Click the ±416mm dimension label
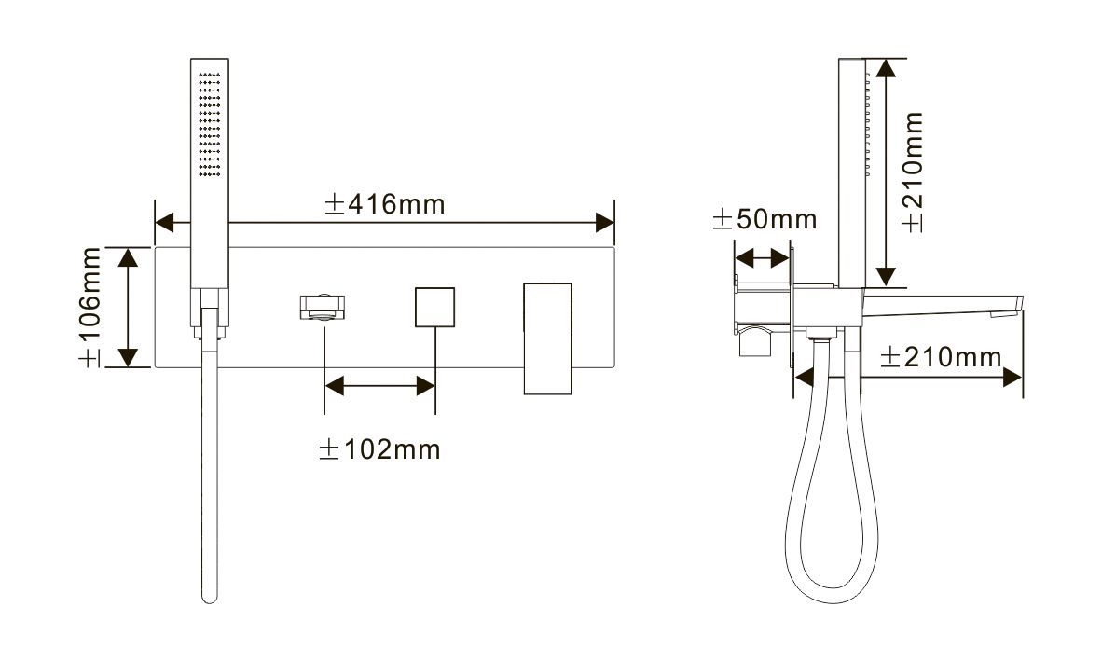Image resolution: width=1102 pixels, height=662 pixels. pyautogui.click(x=384, y=204)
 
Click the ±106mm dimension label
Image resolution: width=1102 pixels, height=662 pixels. pyautogui.click(x=90, y=307)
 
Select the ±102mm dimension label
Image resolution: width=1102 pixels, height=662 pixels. pyautogui.click(x=379, y=449)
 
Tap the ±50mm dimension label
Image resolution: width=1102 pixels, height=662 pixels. pyautogui.click(x=765, y=219)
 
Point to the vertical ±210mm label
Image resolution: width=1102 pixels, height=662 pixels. pyautogui.click(x=912, y=172)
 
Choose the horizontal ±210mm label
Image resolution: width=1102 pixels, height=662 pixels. pyautogui.click(x=941, y=357)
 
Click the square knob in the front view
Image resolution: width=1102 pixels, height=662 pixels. pyautogui.click(x=434, y=307)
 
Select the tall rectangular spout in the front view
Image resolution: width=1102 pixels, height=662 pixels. pyautogui.click(x=547, y=338)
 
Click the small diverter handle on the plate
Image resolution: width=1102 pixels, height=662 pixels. pyautogui.click(x=324, y=307)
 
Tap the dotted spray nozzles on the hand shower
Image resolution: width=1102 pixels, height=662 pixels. pyautogui.click(x=210, y=124)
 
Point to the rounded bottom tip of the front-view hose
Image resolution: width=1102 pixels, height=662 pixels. pyautogui.click(x=210, y=598)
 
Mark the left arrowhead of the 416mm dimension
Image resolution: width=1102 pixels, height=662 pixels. pyautogui.click(x=164, y=224)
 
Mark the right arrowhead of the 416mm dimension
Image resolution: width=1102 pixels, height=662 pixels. pyautogui.click(x=604, y=224)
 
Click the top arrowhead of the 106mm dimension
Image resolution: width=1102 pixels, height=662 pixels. pyautogui.click(x=127, y=256)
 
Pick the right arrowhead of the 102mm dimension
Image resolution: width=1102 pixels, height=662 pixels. pyautogui.click(x=426, y=386)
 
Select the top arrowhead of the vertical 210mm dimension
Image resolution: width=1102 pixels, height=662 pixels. pyautogui.click(x=887, y=69)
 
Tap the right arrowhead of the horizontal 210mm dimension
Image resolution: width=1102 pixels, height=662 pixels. pyautogui.click(x=1012, y=378)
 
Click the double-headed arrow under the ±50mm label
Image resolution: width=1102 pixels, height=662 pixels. pyautogui.click(x=762, y=258)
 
